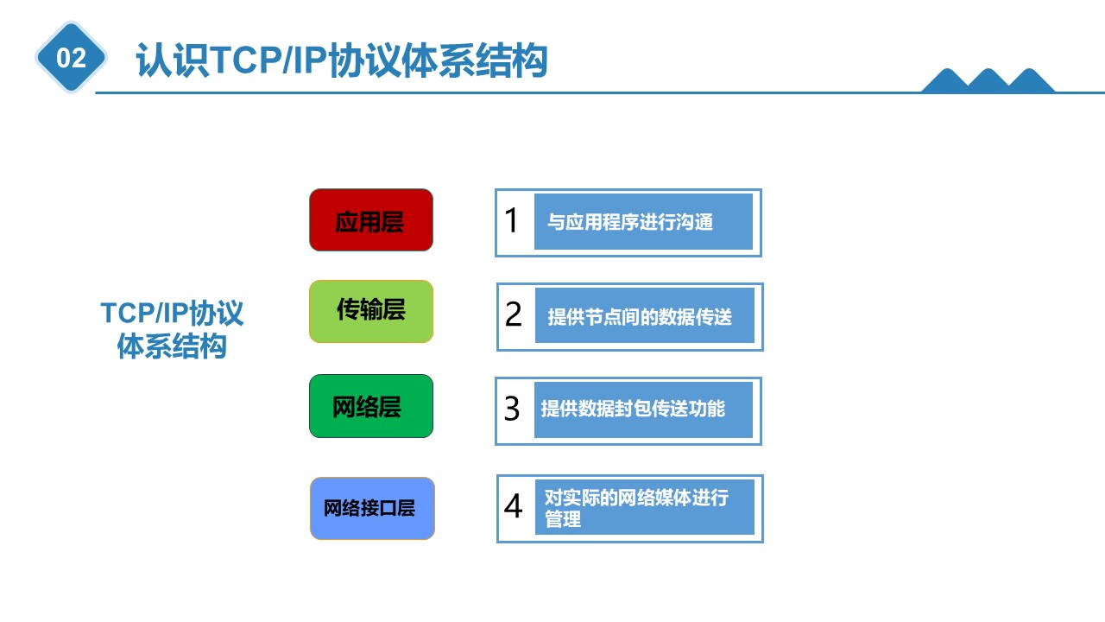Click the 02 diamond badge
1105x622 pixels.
pyautogui.click(x=71, y=57)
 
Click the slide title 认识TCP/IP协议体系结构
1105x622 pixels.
pyautogui.click(x=341, y=60)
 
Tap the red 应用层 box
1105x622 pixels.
pyautogui.click(x=371, y=220)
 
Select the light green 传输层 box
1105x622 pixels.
pyautogui.click(x=371, y=312)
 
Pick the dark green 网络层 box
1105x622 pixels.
pyautogui.click(x=371, y=406)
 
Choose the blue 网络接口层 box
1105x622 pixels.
pyautogui.click(x=372, y=509)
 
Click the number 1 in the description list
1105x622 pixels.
pyautogui.click(x=512, y=220)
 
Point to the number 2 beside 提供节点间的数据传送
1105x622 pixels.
pyautogui.click(x=513, y=314)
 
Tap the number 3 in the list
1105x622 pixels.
pyautogui.click(x=512, y=409)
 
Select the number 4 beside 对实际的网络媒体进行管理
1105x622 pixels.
pyautogui.click(x=513, y=506)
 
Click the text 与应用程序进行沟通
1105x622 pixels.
pyautogui.click(x=630, y=222)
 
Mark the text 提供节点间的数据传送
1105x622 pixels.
pyautogui.click(x=640, y=317)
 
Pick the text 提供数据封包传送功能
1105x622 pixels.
pyautogui.click(x=633, y=409)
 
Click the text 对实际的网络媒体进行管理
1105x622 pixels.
pyautogui.click(x=636, y=509)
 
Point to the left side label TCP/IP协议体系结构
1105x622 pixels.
pyautogui.click(x=172, y=329)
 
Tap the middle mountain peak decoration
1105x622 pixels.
pyautogui.click(x=988, y=80)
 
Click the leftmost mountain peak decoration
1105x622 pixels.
pyautogui.click(x=947, y=80)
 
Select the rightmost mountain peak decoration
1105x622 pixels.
pyautogui.click(x=1030, y=80)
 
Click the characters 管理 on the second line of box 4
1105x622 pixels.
pyautogui.click(x=562, y=519)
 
